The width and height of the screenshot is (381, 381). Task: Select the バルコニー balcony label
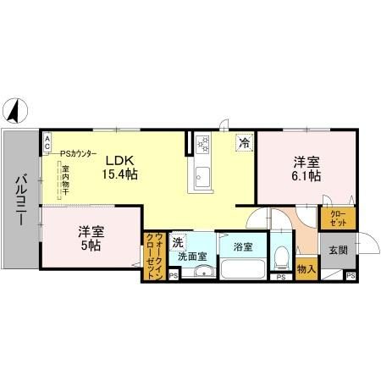pyautogui.click(x=19, y=201)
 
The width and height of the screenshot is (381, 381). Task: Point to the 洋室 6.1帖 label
pyautogui.click(x=306, y=169)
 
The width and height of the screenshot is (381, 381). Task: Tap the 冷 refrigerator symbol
pyautogui.click(x=245, y=142)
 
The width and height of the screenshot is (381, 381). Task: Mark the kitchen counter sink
pyautogui.click(x=203, y=177)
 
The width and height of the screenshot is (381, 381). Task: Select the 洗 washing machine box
pyautogui.click(x=178, y=242)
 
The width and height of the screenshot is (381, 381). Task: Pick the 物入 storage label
pyautogui.click(x=306, y=270)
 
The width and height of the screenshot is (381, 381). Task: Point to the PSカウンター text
pyautogui.click(x=78, y=153)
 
